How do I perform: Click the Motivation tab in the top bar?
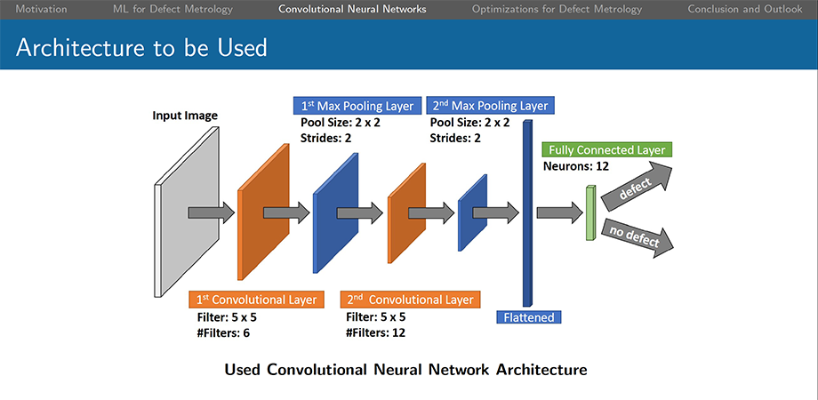coord(41,9)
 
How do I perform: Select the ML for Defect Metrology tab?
coord(173,9)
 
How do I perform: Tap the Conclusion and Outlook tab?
coord(745,9)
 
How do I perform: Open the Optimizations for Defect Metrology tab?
coord(557,9)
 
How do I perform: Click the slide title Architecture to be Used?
coord(141,47)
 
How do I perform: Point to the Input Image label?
coord(185,116)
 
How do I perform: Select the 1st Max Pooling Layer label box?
coord(357,107)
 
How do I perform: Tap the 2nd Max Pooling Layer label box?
coord(490,106)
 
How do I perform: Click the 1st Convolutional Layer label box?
coord(256,300)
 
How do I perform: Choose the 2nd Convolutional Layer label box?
coord(410,300)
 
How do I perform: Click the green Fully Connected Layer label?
coord(607,150)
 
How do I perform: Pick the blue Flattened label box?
coord(529,317)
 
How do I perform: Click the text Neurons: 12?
coord(576,167)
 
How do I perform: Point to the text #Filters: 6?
coord(223,332)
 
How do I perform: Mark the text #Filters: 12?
coord(375,332)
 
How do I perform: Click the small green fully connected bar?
coord(590,212)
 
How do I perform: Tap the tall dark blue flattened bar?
coord(528,212)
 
